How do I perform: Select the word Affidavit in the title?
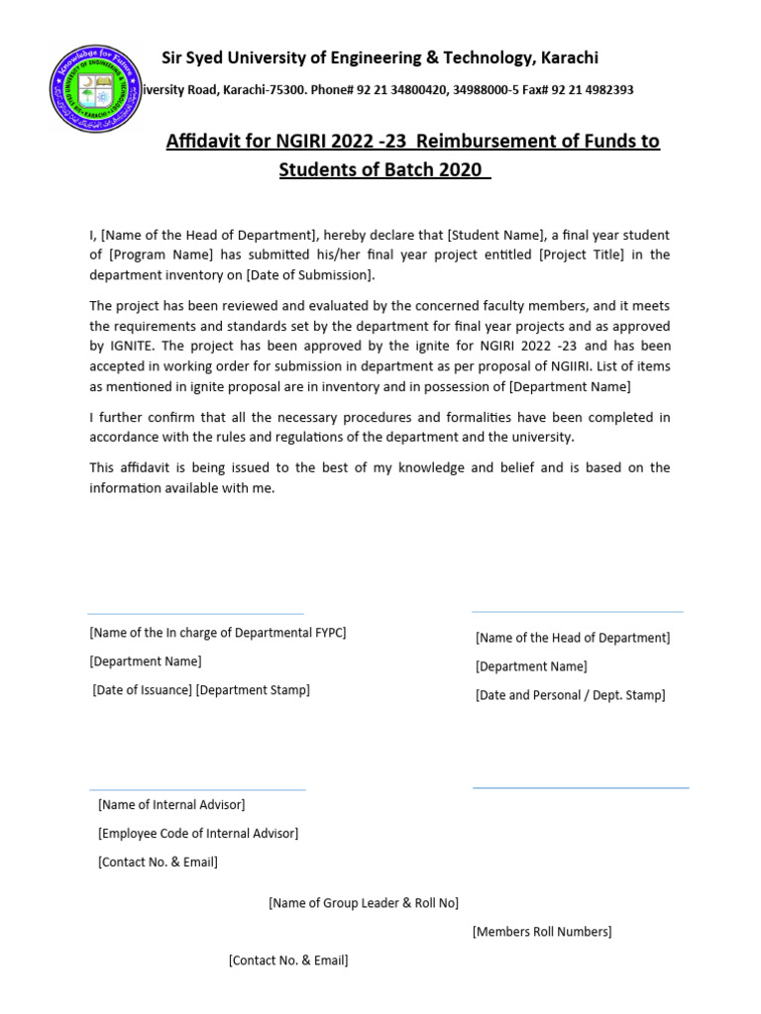[x=205, y=142]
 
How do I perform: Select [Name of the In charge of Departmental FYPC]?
[x=217, y=633]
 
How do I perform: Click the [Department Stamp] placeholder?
[x=253, y=690]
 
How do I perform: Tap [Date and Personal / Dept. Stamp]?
[x=570, y=695]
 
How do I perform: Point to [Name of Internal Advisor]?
[x=171, y=805]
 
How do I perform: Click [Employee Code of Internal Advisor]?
[x=197, y=834]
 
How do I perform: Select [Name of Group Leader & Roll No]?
[x=364, y=903]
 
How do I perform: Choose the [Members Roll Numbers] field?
[x=542, y=932]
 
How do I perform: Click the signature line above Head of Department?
[x=577, y=612]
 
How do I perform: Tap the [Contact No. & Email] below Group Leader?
[x=288, y=961]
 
